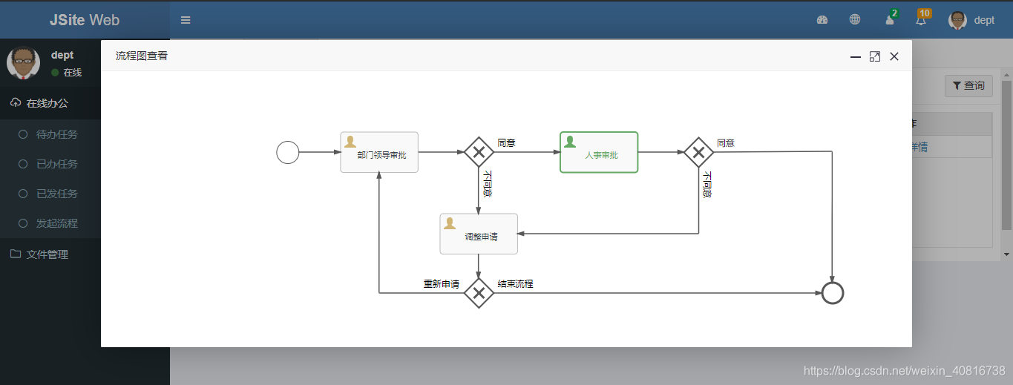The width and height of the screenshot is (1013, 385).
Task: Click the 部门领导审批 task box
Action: point(379,152)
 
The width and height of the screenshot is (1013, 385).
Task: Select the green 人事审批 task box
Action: point(599,152)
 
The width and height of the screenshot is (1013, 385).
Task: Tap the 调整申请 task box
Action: point(479,234)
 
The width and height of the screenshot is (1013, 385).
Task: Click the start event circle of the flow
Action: point(288,153)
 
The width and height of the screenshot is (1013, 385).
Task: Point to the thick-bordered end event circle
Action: point(833,293)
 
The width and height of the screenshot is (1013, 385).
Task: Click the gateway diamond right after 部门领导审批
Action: point(479,152)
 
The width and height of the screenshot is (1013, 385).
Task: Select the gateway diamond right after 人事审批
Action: point(698,152)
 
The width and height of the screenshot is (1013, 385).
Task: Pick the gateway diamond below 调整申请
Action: point(479,293)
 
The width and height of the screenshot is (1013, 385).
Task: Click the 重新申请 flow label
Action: point(442,284)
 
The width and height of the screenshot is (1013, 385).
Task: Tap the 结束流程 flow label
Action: point(515,284)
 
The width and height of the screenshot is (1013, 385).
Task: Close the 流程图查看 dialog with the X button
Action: point(894,56)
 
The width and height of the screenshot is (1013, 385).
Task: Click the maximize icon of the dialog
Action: point(875,56)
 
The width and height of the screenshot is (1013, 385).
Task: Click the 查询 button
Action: point(968,86)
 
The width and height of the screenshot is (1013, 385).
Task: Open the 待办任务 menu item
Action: point(56,134)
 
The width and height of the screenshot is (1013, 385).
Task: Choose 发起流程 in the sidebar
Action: point(56,223)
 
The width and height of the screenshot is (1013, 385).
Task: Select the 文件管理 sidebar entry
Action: point(47,254)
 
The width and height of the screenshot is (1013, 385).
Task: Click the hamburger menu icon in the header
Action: point(186,20)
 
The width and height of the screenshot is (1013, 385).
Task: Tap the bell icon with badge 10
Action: point(921,20)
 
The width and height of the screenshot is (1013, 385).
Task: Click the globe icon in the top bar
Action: point(855,20)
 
